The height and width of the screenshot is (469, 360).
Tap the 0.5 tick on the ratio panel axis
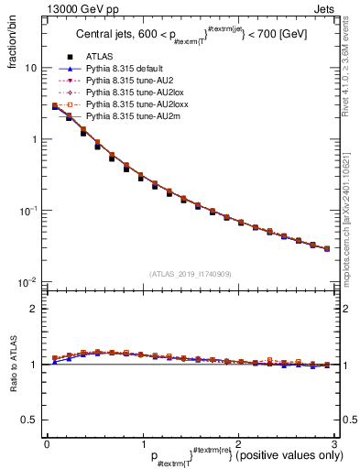click(32, 420)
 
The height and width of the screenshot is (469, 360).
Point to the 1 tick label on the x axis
click(141, 443)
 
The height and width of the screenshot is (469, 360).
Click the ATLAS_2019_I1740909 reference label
click(189, 273)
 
